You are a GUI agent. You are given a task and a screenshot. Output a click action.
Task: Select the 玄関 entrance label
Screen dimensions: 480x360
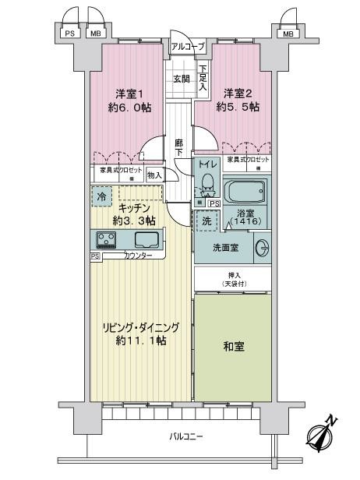click(x=181, y=78)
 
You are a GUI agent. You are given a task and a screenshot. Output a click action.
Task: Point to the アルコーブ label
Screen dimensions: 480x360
click(x=188, y=48)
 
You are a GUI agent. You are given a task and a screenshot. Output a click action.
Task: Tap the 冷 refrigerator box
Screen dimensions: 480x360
click(x=101, y=197)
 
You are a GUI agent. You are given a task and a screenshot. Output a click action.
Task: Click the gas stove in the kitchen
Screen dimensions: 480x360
click(x=107, y=239)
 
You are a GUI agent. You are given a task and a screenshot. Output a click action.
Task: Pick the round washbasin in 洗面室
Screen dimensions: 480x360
click(x=263, y=248)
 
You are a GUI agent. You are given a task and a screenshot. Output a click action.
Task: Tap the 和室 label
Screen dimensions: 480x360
click(x=232, y=345)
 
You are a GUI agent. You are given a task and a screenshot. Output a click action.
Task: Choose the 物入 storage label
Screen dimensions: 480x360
click(x=154, y=175)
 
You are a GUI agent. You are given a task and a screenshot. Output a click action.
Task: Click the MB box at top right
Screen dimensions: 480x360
click(x=288, y=34)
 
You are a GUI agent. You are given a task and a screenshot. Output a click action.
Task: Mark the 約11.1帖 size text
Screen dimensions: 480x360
click(x=140, y=341)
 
